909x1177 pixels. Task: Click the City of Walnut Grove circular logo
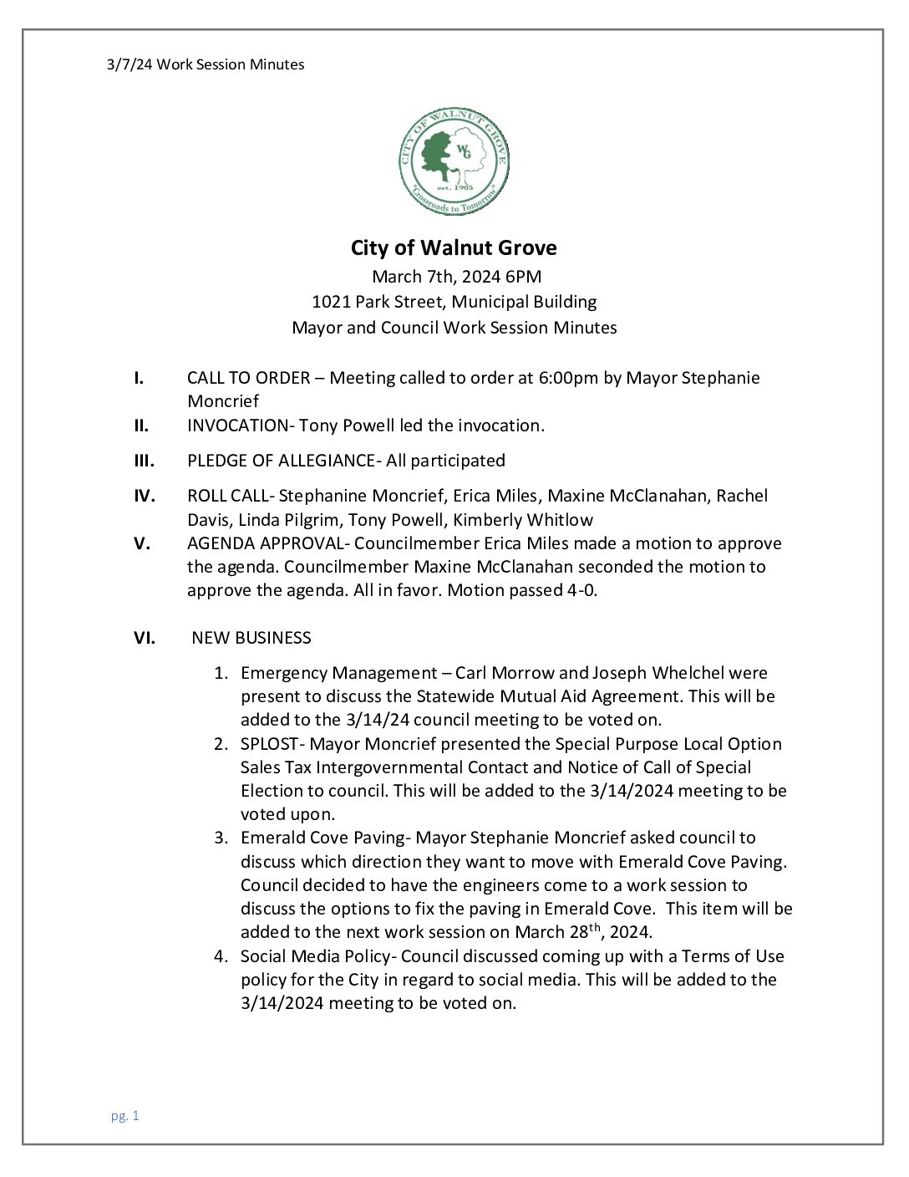point(454,162)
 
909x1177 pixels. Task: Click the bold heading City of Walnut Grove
point(454,248)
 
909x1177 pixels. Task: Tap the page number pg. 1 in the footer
point(124,1115)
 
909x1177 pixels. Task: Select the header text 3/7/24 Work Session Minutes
point(206,64)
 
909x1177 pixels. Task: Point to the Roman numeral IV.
point(145,496)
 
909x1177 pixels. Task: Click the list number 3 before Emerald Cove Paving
point(220,838)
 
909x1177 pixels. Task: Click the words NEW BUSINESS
point(251,638)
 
